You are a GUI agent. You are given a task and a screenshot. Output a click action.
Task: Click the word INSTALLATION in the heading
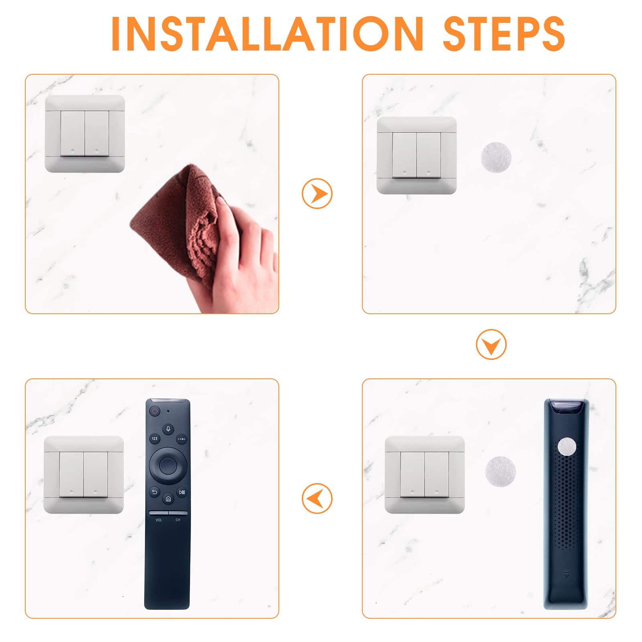pos(267,34)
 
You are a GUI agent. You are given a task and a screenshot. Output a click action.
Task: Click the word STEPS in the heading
pos(504,34)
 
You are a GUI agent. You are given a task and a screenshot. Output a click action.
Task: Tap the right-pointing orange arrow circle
pos(317,193)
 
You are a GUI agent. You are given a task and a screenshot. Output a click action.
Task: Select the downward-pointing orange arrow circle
pos(491,344)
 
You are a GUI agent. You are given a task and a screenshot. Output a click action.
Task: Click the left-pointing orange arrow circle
pos(317,498)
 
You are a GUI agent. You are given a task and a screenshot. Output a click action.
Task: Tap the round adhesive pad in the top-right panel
pos(496,157)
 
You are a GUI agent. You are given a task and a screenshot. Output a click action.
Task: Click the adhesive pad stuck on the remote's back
pos(567,447)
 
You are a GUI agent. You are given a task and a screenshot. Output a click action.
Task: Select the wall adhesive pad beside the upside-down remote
pos(500,471)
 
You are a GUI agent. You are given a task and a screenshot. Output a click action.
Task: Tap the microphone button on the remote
pos(168,429)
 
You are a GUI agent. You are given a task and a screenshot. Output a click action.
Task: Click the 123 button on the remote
pos(154,439)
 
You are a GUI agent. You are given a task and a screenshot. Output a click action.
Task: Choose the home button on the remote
pos(168,499)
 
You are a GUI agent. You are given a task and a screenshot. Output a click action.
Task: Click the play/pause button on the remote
pos(182,492)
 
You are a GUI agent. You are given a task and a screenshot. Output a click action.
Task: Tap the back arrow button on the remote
pos(154,492)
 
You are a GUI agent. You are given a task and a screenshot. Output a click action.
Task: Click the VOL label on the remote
pos(159,520)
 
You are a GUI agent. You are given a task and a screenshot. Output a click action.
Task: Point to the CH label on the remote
pos(178,520)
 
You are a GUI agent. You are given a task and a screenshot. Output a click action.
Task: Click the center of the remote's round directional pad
pos(168,465)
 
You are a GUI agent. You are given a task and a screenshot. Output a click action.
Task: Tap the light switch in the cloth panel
pos(85,134)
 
